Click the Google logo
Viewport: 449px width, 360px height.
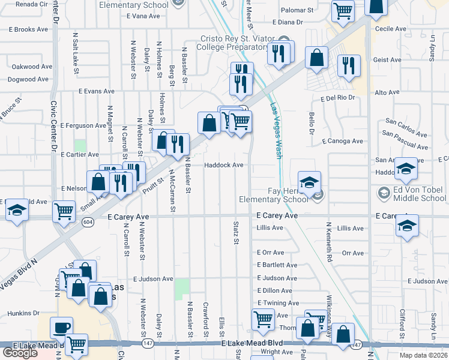point(20,353)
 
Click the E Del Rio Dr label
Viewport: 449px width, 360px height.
point(338,97)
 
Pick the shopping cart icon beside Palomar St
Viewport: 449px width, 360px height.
point(342,10)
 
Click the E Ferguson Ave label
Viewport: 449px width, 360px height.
point(83,125)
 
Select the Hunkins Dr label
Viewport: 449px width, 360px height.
point(23,313)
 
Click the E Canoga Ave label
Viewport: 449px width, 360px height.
point(342,142)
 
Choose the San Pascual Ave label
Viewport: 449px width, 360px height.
point(406,142)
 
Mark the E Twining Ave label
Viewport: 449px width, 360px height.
point(277,304)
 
